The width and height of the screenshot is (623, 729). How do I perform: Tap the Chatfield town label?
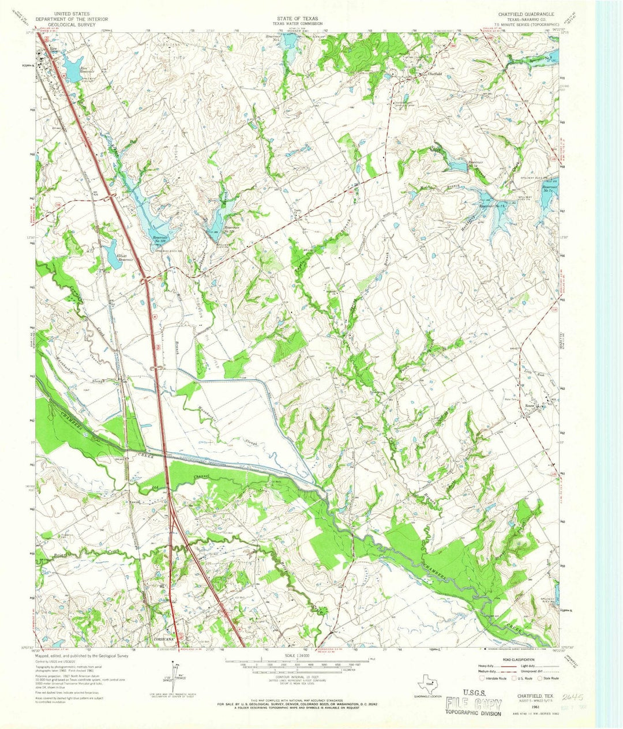tap(434, 74)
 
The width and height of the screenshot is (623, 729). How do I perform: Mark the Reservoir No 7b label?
tap(492, 206)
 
